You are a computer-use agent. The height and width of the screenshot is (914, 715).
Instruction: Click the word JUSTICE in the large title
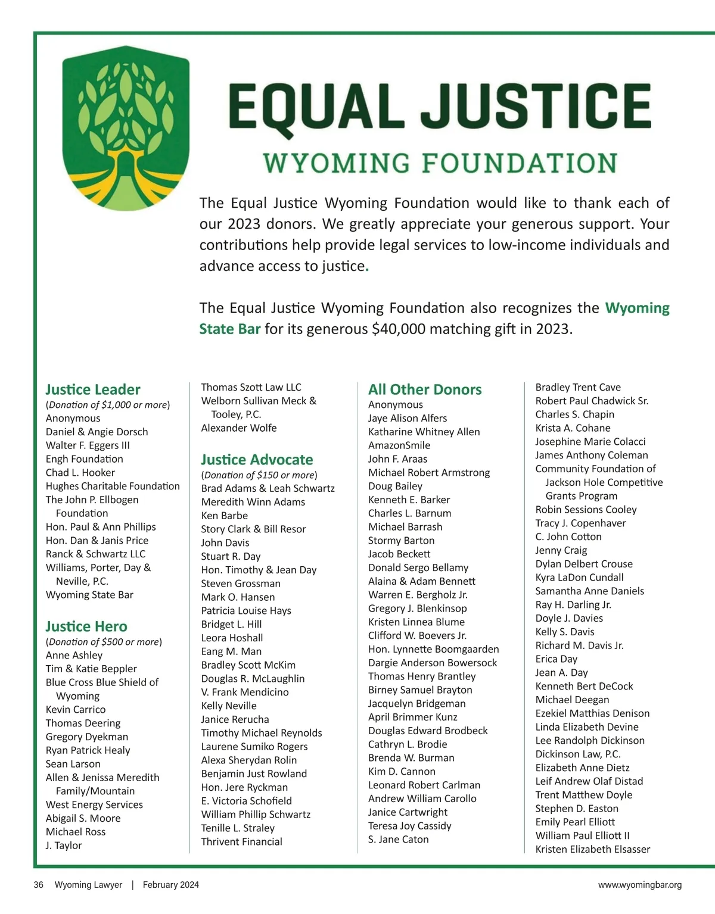pyautogui.click(x=537, y=106)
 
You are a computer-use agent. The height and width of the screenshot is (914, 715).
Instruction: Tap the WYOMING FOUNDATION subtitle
pyautogui.click(x=440, y=163)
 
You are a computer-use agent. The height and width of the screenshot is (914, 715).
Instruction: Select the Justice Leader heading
pyautogui.click(x=93, y=389)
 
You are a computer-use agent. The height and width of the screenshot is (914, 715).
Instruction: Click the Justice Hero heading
pyautogui.click(x=86, y=626)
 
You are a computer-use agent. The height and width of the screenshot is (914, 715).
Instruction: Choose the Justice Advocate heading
pyautogui.click(x=257, y=460)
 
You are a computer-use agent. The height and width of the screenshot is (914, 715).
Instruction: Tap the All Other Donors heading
pyautogui.click(x=425, y=389)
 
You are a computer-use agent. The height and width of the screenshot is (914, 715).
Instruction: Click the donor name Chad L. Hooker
pyautogui.click(x=80, y=472)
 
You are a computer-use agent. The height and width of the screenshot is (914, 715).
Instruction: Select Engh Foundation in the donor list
pyautogui.click(x=85, y=459)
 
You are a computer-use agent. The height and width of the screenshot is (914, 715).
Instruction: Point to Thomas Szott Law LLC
pyautogui.click(x=251, y=387)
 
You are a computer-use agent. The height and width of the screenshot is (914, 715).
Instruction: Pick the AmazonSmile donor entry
pyautogui.click(x=399, y=445)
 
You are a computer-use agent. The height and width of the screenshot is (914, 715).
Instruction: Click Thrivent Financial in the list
pyautogui.click(x=242, y=841)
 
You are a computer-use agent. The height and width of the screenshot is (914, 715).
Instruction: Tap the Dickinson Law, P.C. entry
pyautogui.click(x=578, y=754)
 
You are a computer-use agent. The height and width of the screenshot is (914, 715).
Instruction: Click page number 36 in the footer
pyautogui.click(x=39, y=885)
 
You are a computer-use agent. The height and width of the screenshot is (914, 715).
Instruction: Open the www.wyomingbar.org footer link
pyautogui.click(x=640, y=885)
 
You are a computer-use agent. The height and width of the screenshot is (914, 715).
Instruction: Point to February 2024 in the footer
pyautogui.click(x=171, y=885)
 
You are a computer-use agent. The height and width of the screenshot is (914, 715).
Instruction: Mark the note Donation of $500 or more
pyautogui.click(x=104, y=642)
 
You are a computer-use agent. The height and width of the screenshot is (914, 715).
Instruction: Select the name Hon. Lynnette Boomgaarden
pyautogui.click(x=434, y=649)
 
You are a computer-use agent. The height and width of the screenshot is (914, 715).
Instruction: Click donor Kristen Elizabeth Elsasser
pyautogui.click(x=593, y=849)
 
